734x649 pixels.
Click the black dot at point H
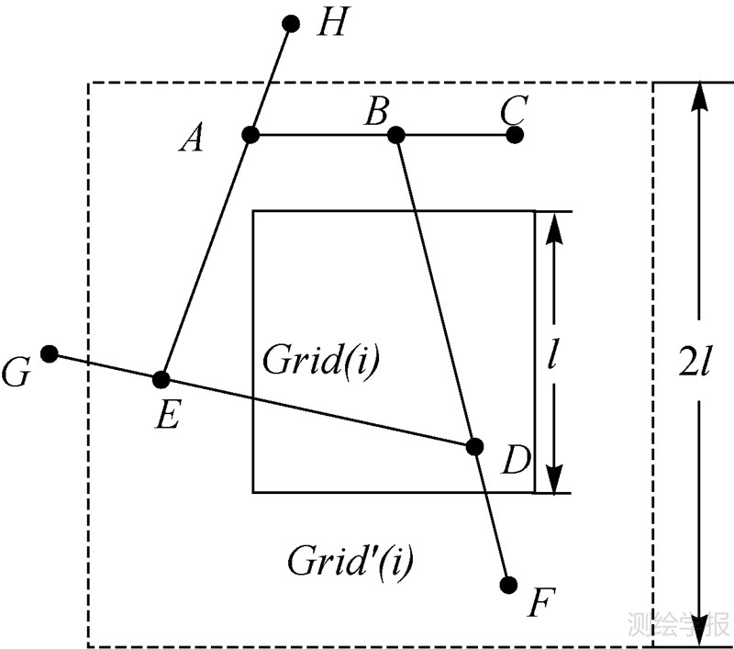[292, 24]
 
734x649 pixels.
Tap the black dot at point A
[250, 135]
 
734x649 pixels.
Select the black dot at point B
[396, 135]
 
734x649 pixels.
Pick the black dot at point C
[515, 135]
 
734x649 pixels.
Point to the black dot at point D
[474, 446]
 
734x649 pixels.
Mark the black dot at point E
[161, 378]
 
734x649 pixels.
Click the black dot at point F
[510, 584]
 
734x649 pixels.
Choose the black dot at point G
[50, 353]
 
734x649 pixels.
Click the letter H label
[329, 25]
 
